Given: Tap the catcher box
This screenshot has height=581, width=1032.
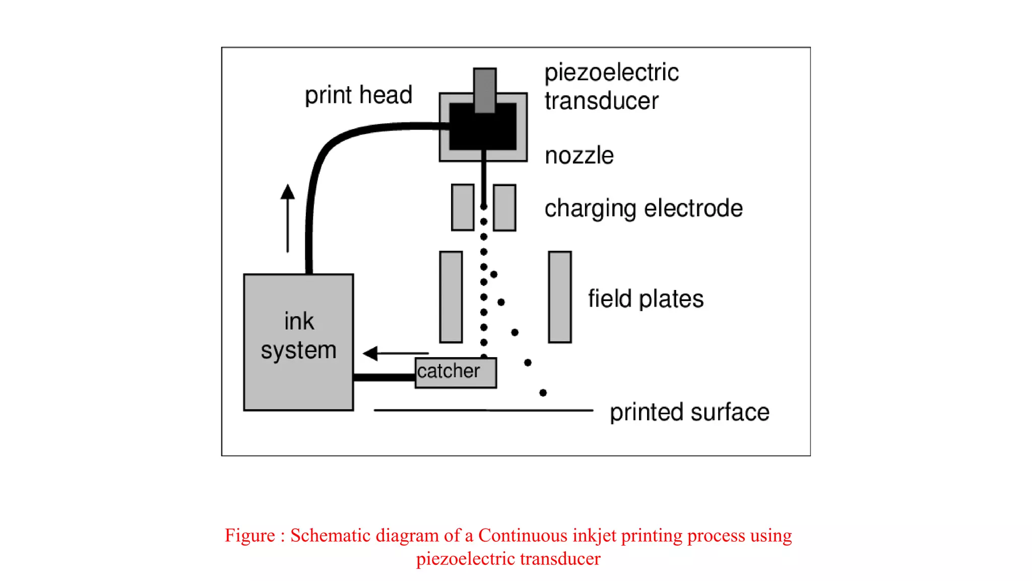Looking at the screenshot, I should coord(456,373).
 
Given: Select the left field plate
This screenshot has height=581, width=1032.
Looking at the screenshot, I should coord(451,297).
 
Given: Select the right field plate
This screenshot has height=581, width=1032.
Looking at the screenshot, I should coord(559,297).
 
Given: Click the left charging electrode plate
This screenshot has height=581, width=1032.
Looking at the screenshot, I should coord(463,207).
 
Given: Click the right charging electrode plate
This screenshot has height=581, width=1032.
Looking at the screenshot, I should coord(504,207).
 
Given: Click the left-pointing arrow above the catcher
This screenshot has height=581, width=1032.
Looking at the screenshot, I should coord(396,353).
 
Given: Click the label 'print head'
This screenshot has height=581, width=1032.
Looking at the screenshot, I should coord(358,95).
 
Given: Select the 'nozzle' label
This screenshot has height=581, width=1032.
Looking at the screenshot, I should coord(579,155).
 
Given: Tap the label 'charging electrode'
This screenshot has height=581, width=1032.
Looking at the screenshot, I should coord(643,208).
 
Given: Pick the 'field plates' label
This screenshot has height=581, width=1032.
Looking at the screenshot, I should coord(646,299).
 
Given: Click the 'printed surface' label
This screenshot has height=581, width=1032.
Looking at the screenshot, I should coord(689,412).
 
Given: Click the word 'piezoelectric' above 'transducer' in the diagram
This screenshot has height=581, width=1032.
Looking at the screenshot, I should coord(611,73).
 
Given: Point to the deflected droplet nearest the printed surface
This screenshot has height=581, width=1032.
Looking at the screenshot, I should coord(543,392).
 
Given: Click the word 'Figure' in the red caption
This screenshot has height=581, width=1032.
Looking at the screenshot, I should coord(250,535).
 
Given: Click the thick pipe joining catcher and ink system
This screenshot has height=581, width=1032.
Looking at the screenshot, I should coord(384,377).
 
